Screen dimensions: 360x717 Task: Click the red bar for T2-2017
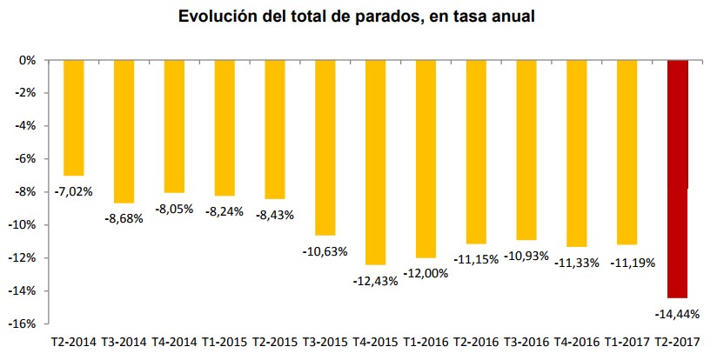[677, 178]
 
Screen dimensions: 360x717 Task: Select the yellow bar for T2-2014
[74, 117]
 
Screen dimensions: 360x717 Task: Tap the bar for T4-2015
[375, 162]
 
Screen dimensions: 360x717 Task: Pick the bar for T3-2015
[325, 147]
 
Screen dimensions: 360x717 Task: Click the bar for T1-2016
[426, 158]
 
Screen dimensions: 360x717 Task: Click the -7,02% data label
[74, 190]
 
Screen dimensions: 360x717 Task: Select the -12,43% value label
[375, 280]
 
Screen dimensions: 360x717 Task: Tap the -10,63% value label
[325, 251]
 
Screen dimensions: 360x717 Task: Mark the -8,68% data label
[124, 218]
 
